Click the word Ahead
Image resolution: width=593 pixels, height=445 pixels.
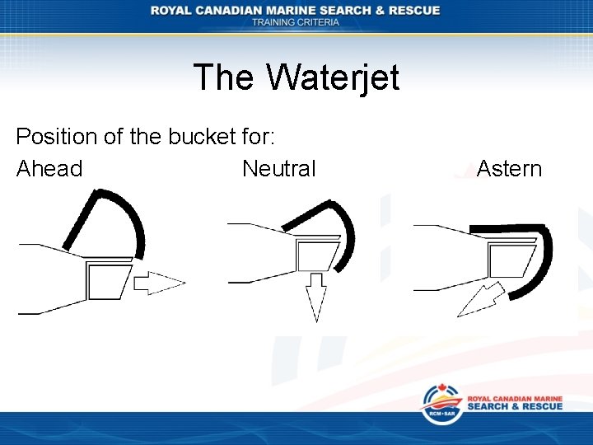(x=49, y=169)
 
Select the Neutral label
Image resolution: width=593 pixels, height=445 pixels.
(x=278, y=169)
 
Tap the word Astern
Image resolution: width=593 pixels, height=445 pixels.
(x=509, y=169)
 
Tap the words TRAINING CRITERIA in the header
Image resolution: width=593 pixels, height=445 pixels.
(x=296, y=22)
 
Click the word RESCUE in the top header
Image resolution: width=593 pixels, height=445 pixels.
(x=413, y=10)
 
